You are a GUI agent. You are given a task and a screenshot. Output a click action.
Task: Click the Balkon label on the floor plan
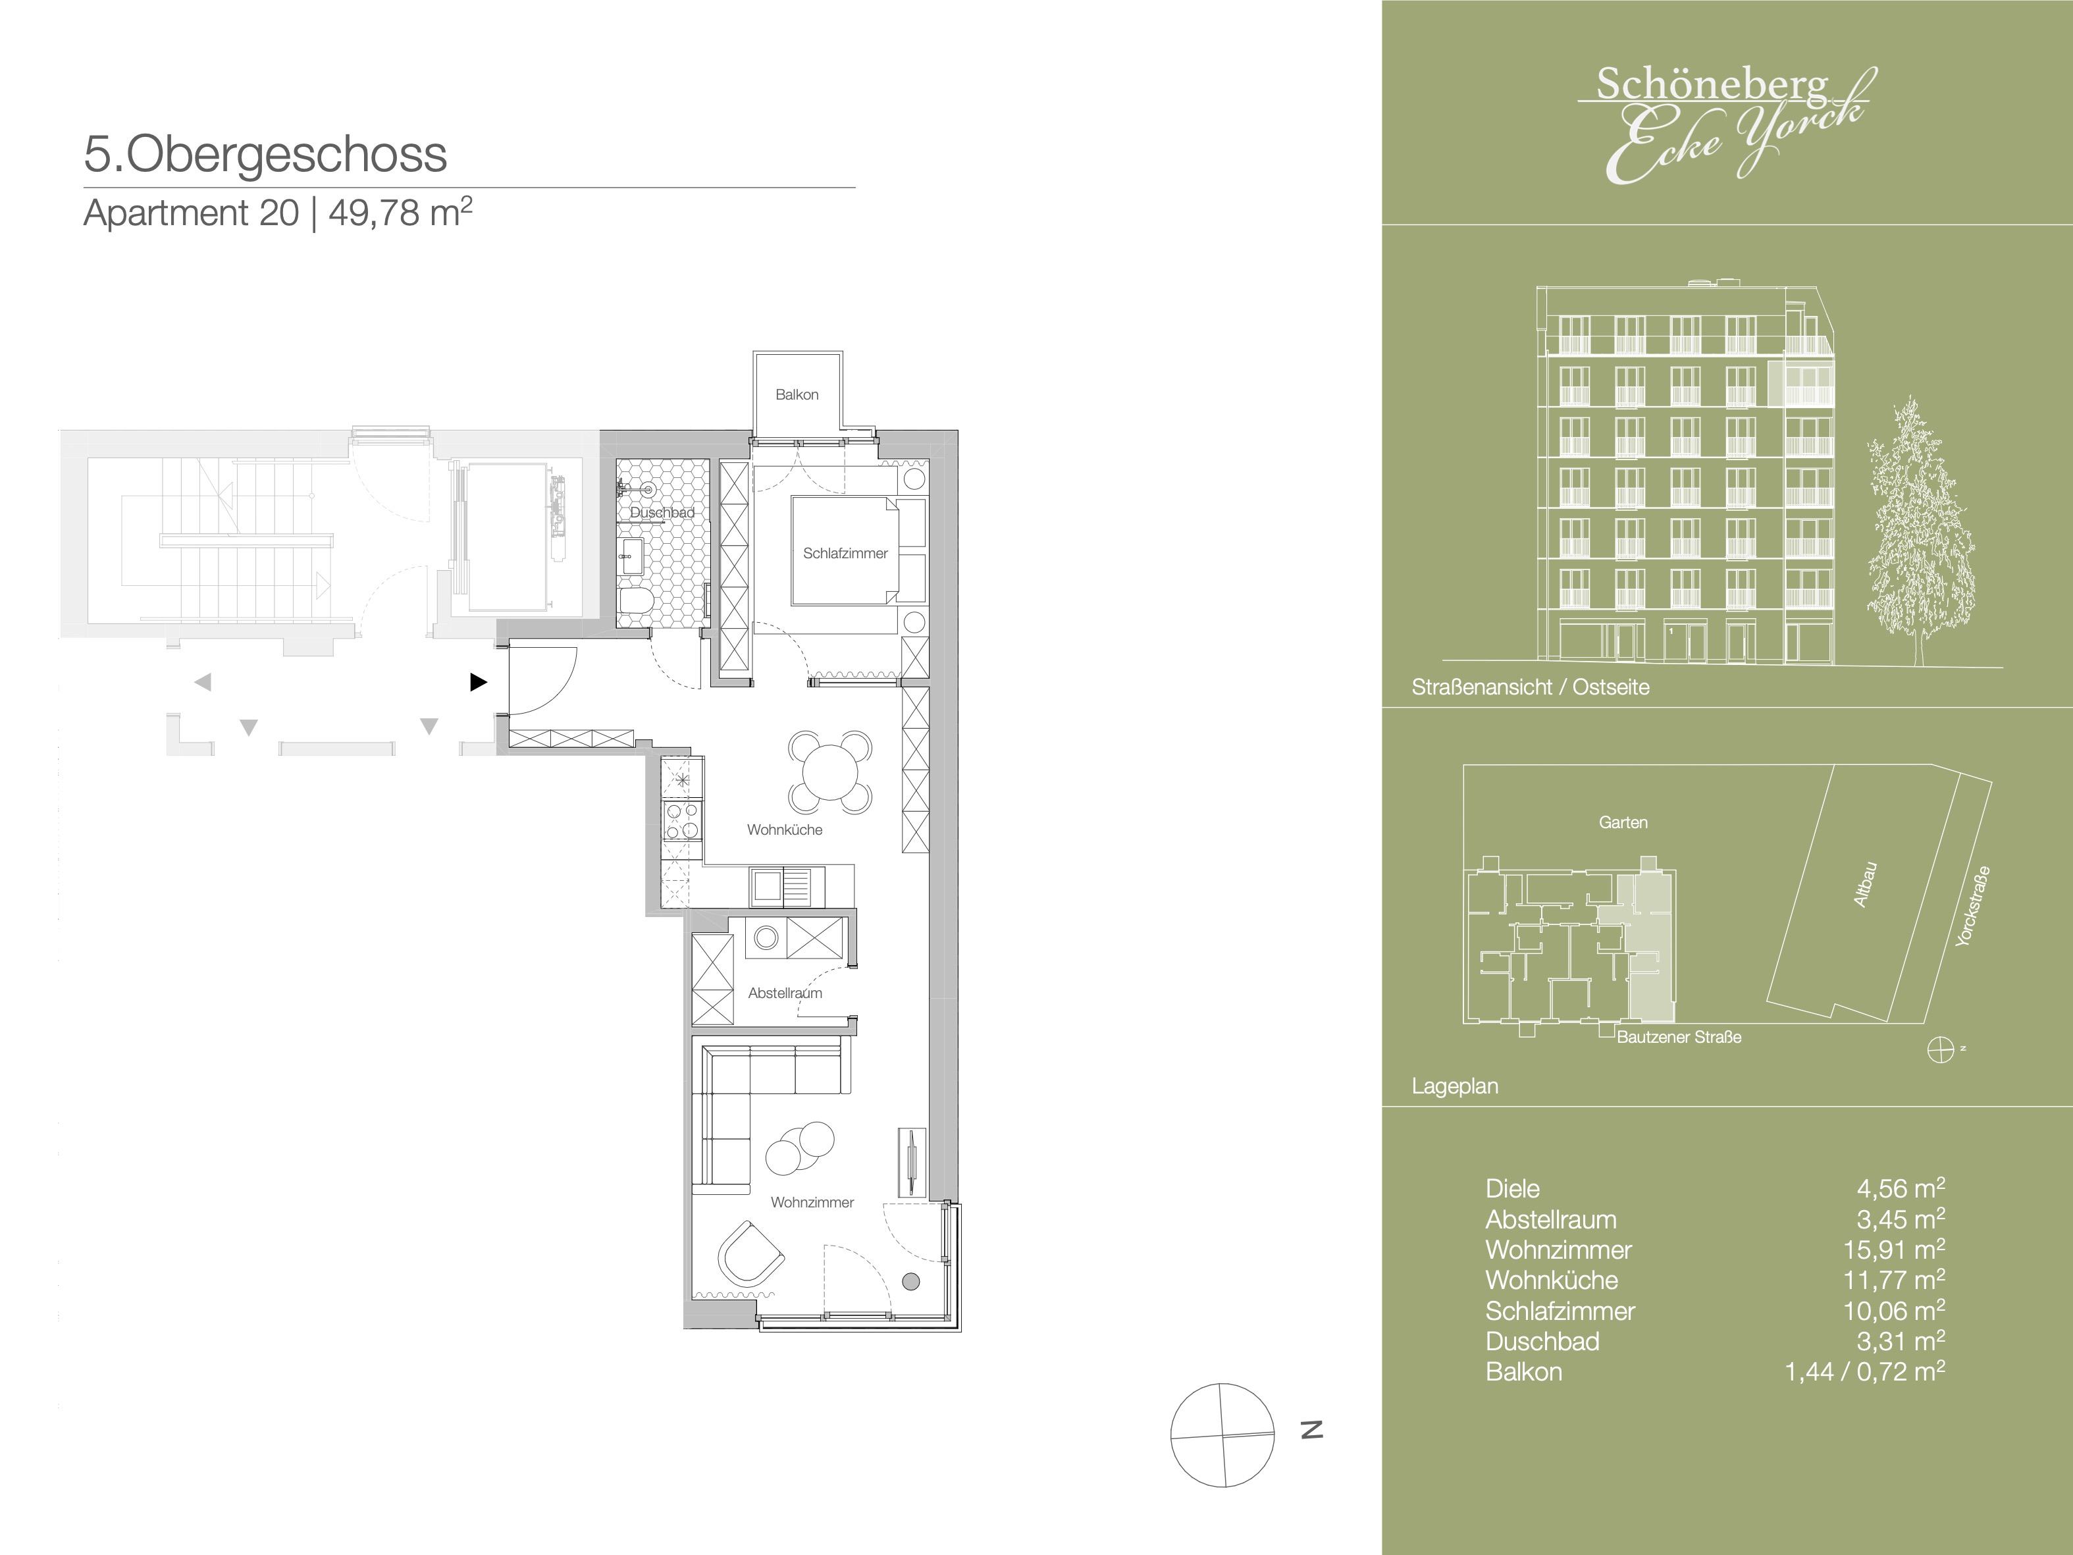coord(797,394)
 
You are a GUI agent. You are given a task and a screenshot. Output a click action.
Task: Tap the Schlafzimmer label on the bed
coord(845,553)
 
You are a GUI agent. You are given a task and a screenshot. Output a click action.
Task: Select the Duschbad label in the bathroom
coord(662,513)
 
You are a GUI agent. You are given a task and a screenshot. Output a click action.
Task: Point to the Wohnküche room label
coord(785,830)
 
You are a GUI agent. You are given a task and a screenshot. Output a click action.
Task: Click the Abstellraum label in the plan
coord(785,993)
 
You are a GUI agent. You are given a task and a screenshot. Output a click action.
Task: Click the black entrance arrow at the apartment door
coord(478,682)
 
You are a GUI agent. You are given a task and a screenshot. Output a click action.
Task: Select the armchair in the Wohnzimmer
coord(750,1254)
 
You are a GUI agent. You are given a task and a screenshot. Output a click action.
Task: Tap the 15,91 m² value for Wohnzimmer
coord(1893,1250)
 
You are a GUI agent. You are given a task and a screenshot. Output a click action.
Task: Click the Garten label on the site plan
coord(1623,822)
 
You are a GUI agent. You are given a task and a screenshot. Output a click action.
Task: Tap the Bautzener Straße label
coord(1679,1037)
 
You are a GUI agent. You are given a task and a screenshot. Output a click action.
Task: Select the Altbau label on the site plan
coord(1865,884)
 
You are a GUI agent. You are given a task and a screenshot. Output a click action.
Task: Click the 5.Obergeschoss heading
coord(265,155)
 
